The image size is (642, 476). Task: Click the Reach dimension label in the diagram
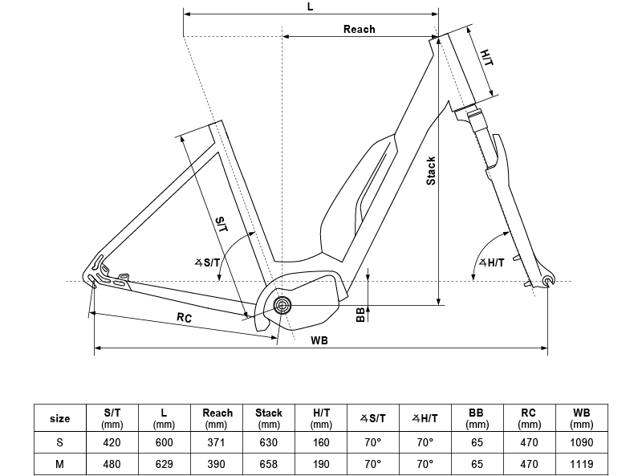359,29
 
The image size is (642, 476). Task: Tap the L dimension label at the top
311,6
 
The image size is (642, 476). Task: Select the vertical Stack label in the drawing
432,170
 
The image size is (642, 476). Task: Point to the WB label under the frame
319,340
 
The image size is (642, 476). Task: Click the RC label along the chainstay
184,317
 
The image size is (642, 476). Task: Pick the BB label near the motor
361,314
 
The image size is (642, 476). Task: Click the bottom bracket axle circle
282,305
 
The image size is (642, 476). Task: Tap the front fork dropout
548,280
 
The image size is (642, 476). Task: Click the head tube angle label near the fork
491,262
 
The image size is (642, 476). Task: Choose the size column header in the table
60,418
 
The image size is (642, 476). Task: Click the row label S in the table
60,442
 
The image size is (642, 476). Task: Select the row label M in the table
60,463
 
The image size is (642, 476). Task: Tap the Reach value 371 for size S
217,442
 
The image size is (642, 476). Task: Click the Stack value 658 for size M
269,463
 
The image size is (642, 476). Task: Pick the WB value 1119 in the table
582,463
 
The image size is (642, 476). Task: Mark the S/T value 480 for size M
112,463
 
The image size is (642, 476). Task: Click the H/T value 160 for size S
321,442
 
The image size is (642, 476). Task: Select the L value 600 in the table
165,442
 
